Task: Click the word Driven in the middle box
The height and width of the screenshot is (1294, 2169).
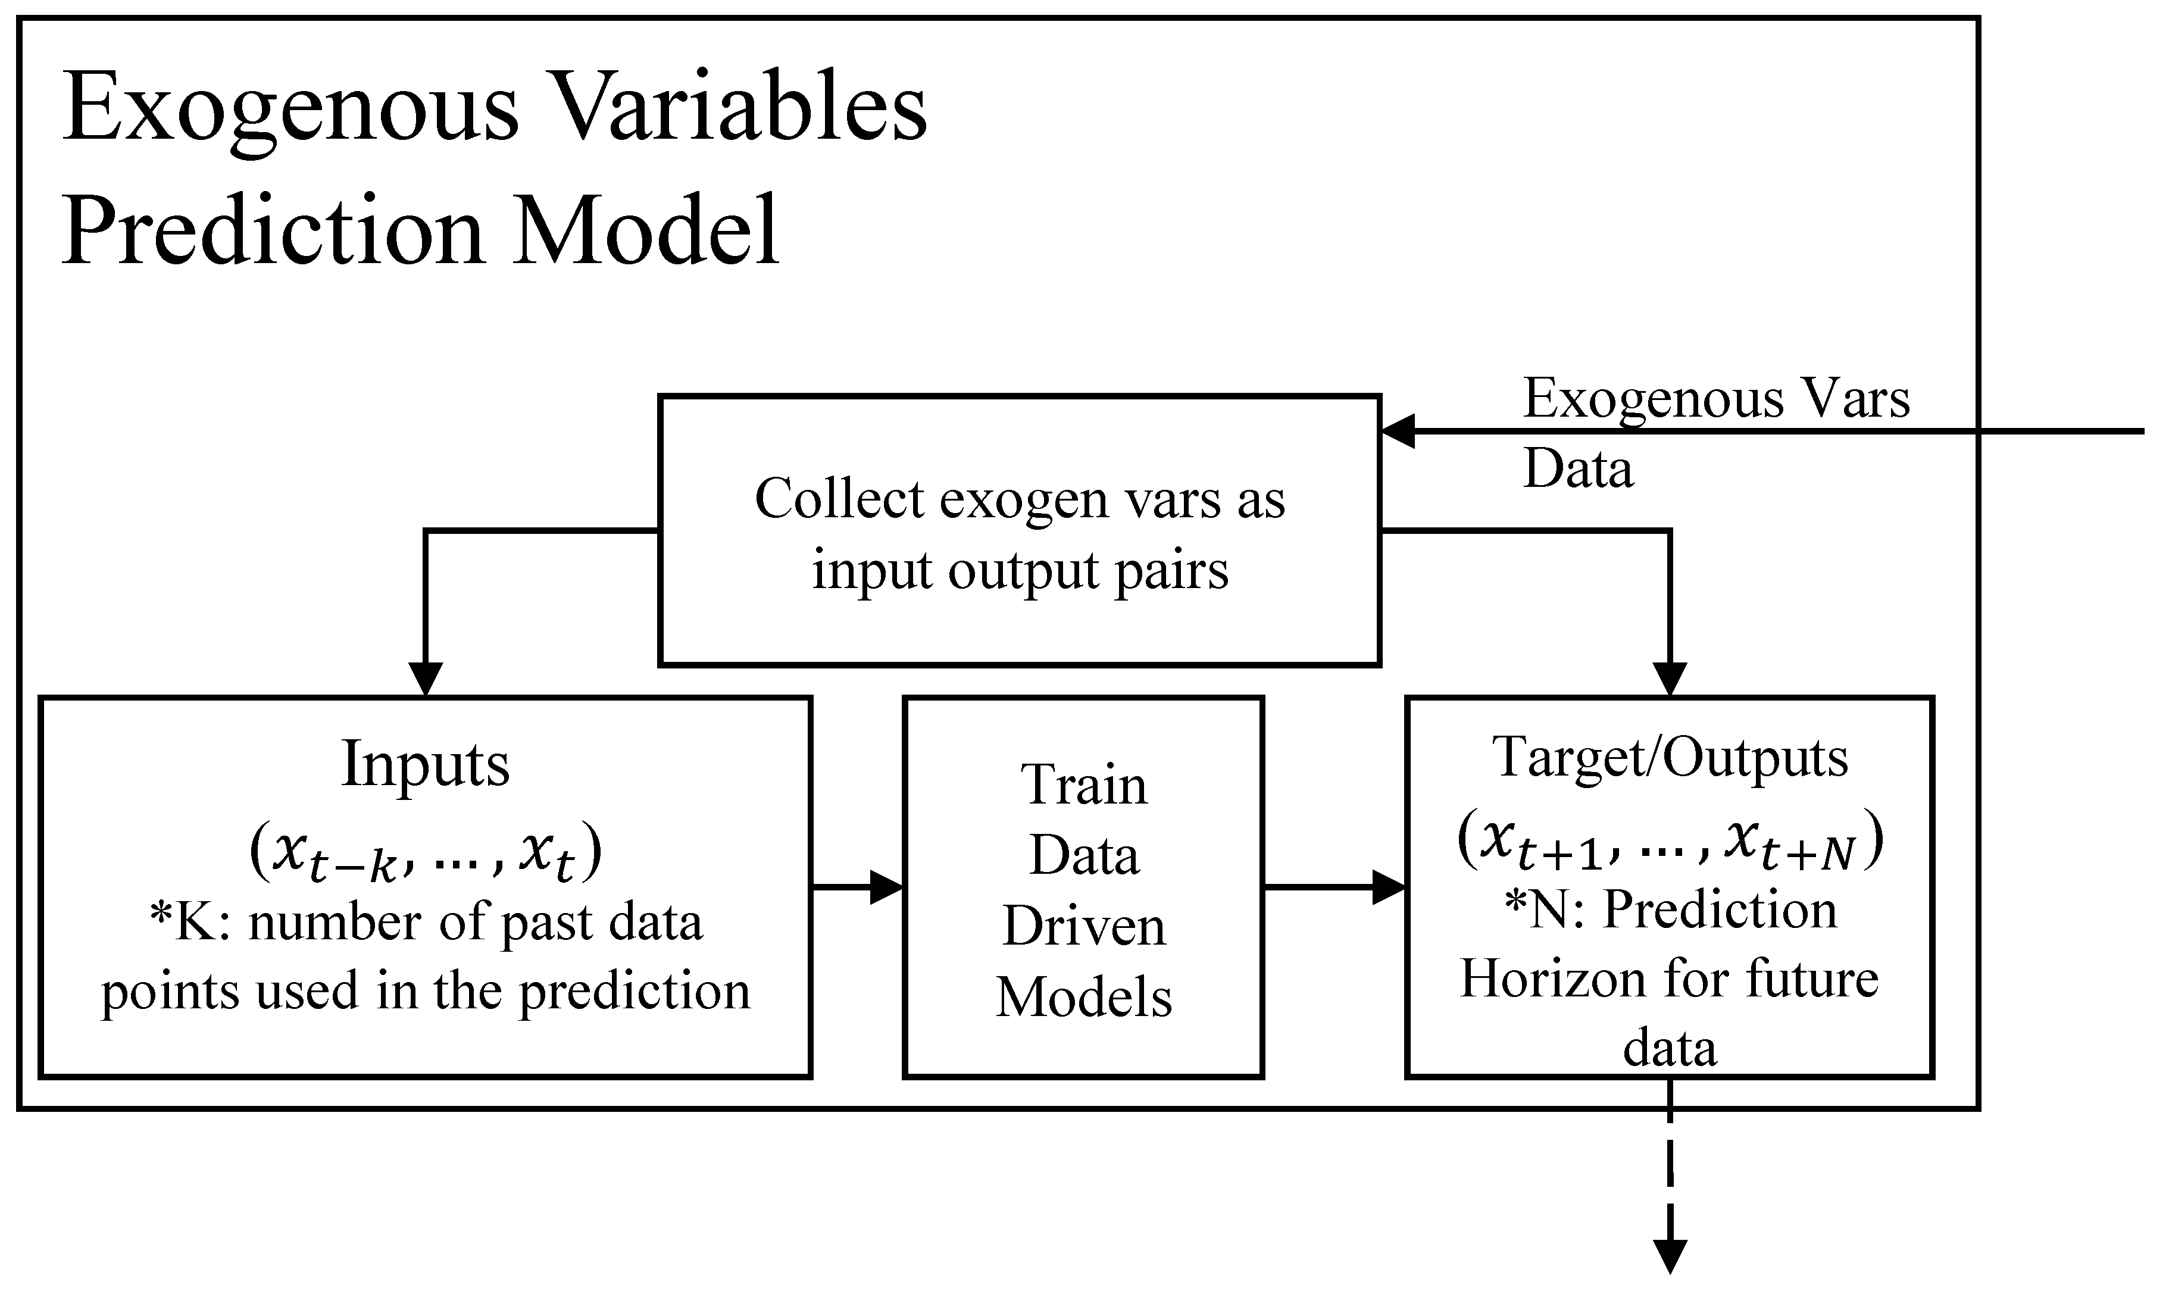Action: pos(1084,926)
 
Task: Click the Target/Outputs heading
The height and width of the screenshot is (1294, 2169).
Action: pos(1670,757)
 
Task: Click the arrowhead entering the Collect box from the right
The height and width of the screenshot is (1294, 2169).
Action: pos(1398,432)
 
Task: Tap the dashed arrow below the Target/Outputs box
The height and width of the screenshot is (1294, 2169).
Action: pos(1670,1204)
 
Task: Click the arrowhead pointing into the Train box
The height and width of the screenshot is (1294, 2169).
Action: pos(887,887)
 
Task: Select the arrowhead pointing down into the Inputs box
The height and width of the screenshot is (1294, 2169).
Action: pos(426,679)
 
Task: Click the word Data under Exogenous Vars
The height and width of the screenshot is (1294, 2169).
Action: pos(1578,470)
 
